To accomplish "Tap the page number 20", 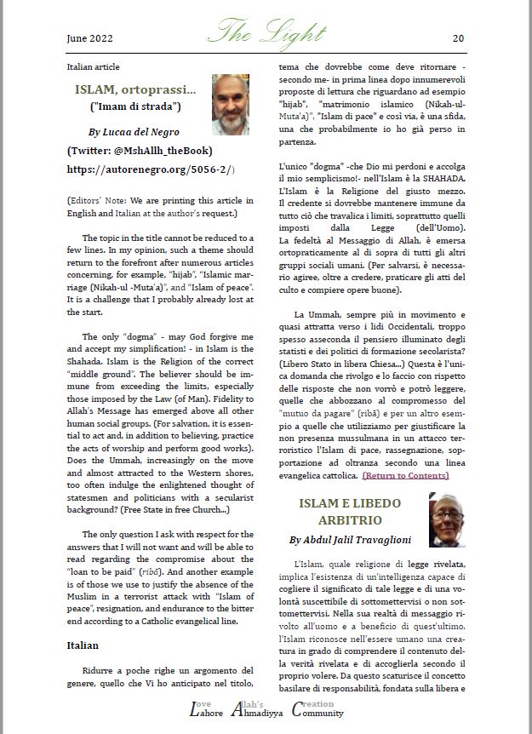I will pyautogui.click(x=457, y=38).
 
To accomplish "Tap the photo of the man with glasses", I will pyautogui.click(x=446, y=520).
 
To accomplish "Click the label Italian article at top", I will pyautogui.click(x=93, y=66).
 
